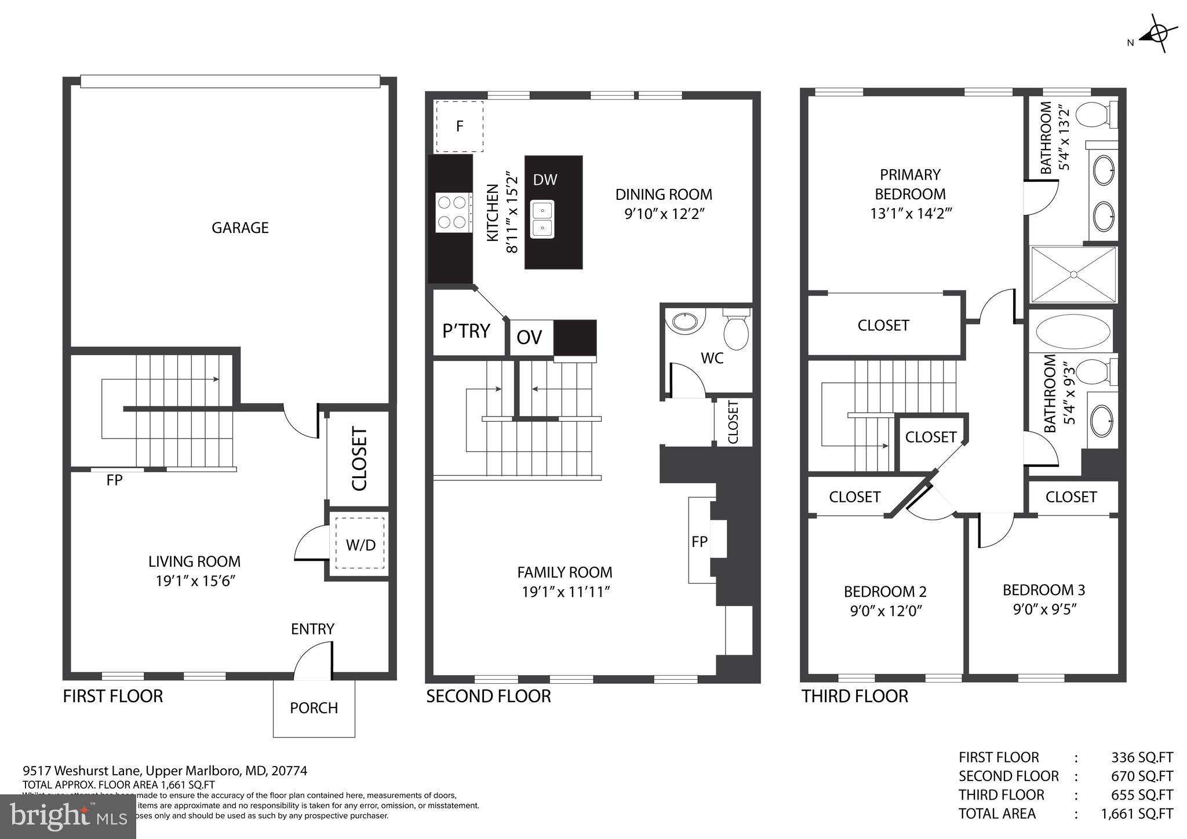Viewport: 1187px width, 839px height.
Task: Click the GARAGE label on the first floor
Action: pyautogui.click(x=240, y=228)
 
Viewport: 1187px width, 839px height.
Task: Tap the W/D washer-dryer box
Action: pyautogui.click(x=361, y=545)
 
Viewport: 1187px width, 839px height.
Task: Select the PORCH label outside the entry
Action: pyautogui.click(x=314, y=708)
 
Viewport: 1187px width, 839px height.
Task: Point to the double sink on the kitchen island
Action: pyautogui.click(x=542, y=219)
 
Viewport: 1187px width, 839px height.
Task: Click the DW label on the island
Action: pyautogui.click(x=545, y=180)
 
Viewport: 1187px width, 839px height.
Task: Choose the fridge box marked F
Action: pyautogui.click(x=459, y=126)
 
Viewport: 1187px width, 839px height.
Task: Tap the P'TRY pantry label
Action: pyautogui.click(x=467, y=331)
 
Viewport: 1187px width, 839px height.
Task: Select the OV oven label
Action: pyautogui.click(x=529, y=337)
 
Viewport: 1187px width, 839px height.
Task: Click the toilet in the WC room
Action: pyautogui.click(x=736, y=330)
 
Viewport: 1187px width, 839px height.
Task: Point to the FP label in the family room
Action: pyautogui.click(x=700, y=541)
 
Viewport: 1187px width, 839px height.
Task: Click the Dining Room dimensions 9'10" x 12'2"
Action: pyautogui.click(x=664, y=214)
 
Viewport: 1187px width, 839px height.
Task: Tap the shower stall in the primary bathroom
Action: pyautogui.click(x=1073, y=275)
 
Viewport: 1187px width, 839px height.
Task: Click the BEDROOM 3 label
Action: pyautogui.click(x=1043, y=590)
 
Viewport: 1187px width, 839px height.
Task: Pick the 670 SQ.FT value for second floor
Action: pyautogui.click(x=1142, y=776)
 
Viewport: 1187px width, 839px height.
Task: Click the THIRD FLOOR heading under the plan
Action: pyautogui.click(x=854, y=696)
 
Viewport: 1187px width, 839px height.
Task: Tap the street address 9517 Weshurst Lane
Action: pyautogui.click(x=81, y=771)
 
